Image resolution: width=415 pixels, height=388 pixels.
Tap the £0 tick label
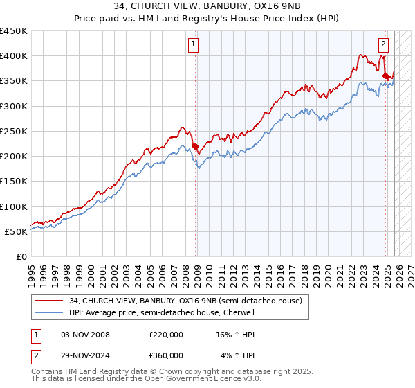21,257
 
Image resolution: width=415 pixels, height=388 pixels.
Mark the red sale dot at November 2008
195,146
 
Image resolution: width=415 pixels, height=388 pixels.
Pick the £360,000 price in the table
166,355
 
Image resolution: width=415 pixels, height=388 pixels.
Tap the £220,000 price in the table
166,335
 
